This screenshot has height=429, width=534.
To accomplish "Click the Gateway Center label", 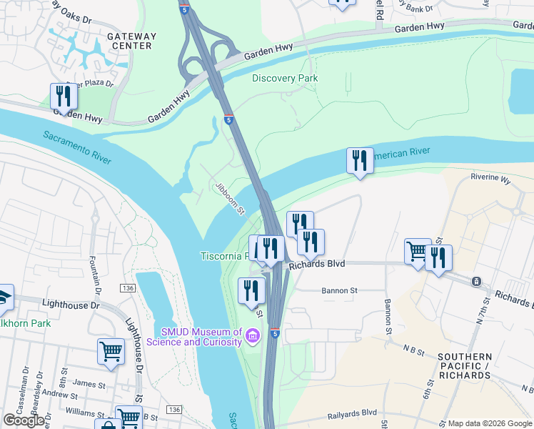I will (129, 40).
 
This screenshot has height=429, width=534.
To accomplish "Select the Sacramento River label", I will (76, 147).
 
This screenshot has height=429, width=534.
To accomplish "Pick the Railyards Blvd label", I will (351, 413).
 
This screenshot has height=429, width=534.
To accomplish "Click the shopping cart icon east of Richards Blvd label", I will (417, 252).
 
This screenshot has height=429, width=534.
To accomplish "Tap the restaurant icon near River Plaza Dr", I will (64, 97).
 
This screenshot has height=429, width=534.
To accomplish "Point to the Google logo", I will (24, 420).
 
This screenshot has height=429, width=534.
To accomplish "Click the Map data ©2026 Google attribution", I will (489, 423).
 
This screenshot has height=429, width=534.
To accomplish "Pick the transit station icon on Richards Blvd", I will (476, 282).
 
